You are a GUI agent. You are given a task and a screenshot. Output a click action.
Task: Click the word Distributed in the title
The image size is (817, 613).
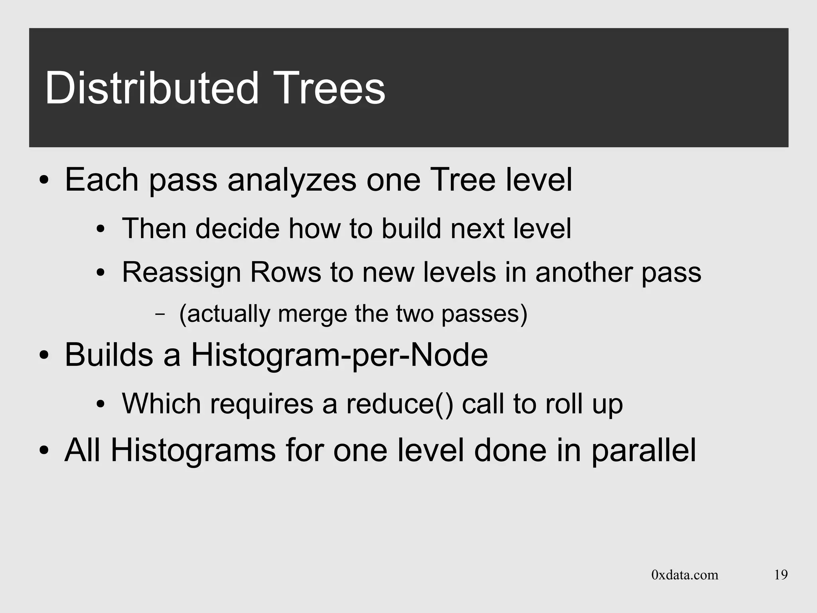[152, 88]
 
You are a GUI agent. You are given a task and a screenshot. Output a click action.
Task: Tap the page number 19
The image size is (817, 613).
[781, 575]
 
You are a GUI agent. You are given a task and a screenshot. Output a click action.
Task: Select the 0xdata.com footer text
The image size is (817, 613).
[685, 575]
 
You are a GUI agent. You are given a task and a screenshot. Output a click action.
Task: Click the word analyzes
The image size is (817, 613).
[292, 180]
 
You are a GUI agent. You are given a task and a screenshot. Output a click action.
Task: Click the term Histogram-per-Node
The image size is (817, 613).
[339, 355]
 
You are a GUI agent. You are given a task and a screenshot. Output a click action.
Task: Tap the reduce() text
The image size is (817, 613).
[399, 404]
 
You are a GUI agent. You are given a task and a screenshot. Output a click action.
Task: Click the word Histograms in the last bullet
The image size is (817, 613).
[193, 451]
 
